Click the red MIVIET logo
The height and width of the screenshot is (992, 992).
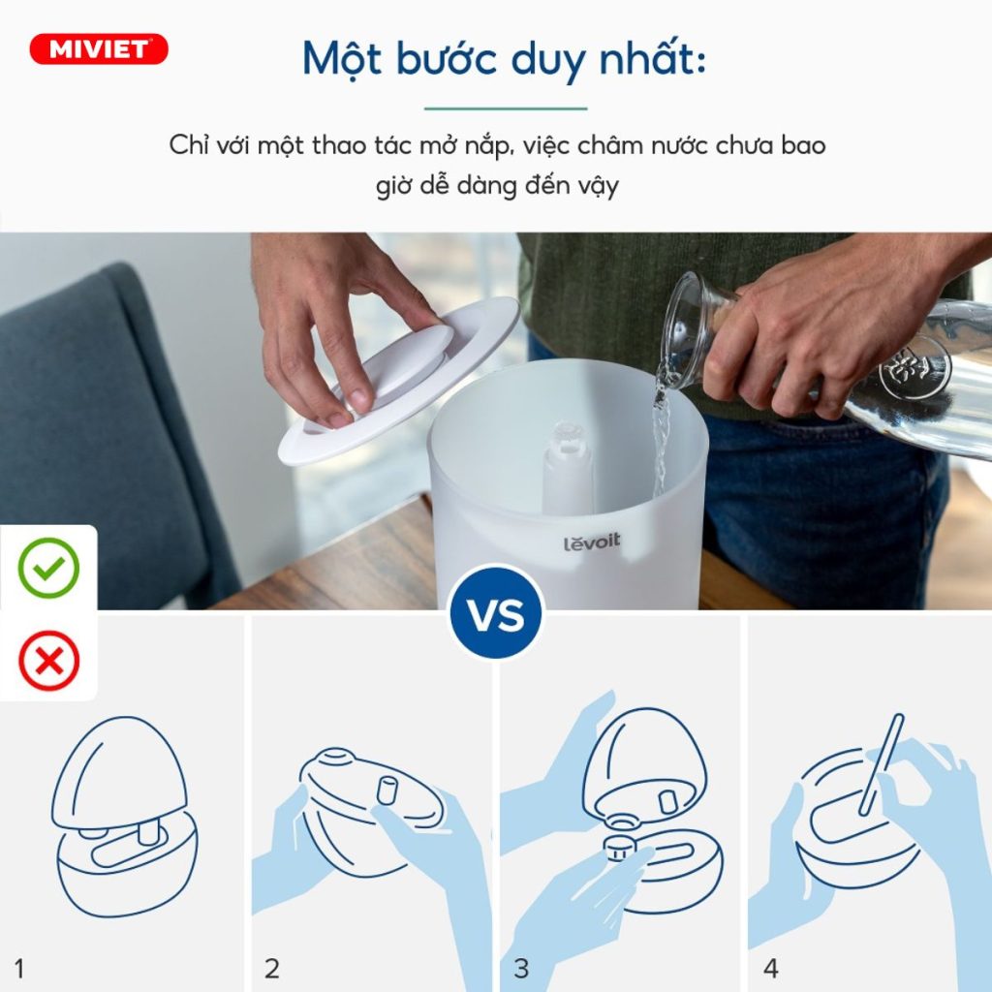click(x=99, y=49)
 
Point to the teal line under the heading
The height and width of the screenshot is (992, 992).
click(x=506, y=108)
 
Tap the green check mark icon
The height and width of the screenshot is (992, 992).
click(x=48, y=568)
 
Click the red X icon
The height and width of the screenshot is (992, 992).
click(x=48, y=663)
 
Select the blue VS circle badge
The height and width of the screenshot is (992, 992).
click(x=496, y=614)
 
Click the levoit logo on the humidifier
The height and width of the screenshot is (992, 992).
click(x=591, y=542)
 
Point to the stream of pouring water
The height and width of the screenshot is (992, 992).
click(x=662, y=436)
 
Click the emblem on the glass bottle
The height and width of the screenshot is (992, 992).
click(x=914, y=367)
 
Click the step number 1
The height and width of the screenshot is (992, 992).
click(x=19, y=968)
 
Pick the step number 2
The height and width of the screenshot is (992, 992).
click(x=272, y=968)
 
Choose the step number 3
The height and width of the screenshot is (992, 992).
click(x=521, y=968)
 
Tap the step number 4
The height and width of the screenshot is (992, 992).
click(x=770, y=968)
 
